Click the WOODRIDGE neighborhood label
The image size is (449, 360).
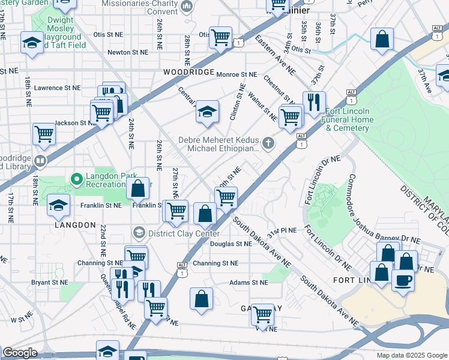(188, 72)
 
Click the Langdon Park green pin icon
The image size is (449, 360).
(76, 179)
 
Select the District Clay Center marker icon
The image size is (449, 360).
(139, 232)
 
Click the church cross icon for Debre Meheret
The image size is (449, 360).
(268, 143)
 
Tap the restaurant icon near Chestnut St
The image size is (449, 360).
(314, 103)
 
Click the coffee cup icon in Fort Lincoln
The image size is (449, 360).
(403, 280)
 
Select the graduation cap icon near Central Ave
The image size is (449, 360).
(207, 112)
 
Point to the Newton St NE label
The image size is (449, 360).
(127, 52)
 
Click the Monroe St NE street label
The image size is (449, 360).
(236, 74)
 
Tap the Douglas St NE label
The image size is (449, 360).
(231, 244)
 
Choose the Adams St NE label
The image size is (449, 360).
(248, 282)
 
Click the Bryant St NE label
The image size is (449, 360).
(49, 281)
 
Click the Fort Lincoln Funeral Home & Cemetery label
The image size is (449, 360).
(349, 120)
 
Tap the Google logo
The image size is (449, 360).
(20, 353)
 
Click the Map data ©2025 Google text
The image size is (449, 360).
(411, 355)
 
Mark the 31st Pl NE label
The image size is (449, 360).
(283, 230)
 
